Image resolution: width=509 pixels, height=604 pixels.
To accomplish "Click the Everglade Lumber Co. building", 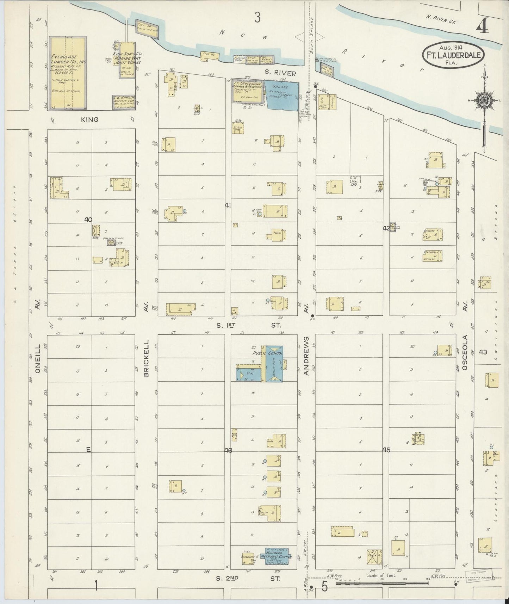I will pyautogui.click(x=67, y=73).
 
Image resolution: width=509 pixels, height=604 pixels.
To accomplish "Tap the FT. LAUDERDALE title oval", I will pyautogui.click(x=453, y=54).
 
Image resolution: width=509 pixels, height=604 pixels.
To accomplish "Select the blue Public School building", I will pyautogui.click(x=274, y=364).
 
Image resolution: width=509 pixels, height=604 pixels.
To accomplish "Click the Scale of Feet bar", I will pyautogui.click(x=382, y=584).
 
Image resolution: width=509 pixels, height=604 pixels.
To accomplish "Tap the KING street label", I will pyautogui.click(x=89, y=120).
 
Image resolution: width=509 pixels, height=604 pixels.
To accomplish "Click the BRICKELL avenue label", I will pyautogui.click(x=147, y=358).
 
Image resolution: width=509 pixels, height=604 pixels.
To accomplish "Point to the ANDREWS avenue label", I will pyautogui.click(x=306, y=356).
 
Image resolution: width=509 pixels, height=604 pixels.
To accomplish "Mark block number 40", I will pyautogui.click(x=88, y=220).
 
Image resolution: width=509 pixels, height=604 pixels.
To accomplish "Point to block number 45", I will pyautogui.click(x=386, y=450).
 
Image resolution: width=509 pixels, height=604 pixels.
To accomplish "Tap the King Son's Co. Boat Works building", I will pyautogui.click(x=126, y=60).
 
